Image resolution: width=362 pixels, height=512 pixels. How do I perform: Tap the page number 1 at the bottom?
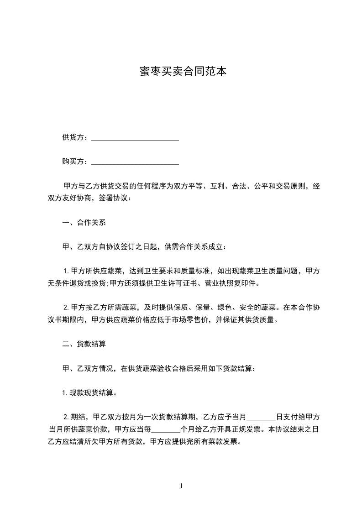(x=181, y=486)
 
